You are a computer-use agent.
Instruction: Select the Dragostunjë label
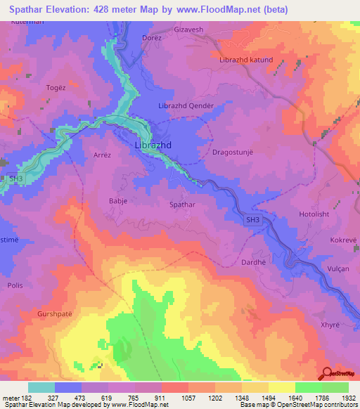point(232,151)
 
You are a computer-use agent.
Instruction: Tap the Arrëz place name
point(103,155)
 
